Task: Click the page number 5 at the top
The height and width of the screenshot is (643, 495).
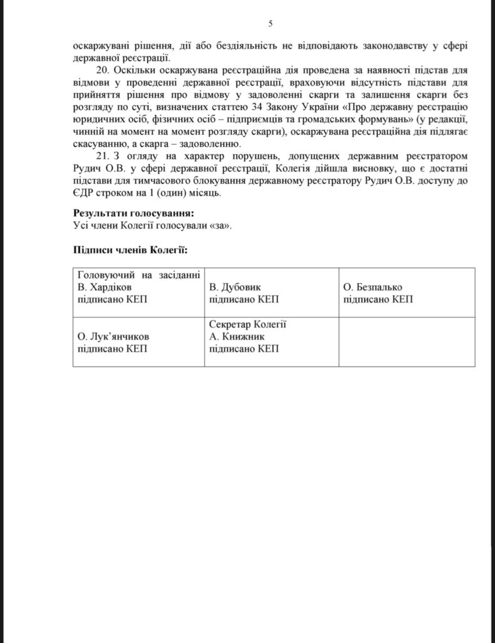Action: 270,24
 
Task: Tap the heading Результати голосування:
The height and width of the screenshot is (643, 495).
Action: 133,213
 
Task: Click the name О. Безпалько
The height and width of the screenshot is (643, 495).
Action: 373,288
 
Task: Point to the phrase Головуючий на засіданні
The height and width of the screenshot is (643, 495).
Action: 138,275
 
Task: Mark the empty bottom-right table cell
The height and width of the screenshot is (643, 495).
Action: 406,343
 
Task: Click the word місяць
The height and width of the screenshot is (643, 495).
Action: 202,192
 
